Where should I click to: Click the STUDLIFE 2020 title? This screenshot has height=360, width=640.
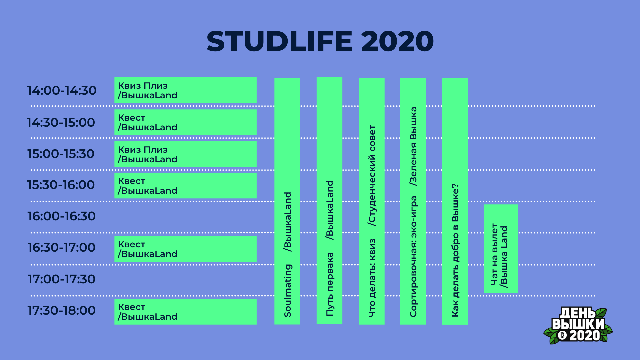point(320,41)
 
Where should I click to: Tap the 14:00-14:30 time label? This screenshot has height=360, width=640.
point(62,90)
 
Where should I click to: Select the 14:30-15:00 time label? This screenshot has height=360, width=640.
point(61,122)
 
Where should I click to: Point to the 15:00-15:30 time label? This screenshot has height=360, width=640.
point(61,154)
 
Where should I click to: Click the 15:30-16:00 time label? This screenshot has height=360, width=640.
point(61,185)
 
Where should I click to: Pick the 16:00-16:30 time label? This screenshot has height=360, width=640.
point(61,216)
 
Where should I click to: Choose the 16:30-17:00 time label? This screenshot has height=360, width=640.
point(61,247)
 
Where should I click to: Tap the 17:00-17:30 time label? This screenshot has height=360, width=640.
point(61,279)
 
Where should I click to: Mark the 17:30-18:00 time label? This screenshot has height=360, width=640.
point(61,310)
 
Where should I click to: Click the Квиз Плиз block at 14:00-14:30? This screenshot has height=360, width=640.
point(185,90)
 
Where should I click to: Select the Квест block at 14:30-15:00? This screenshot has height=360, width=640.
point(185,122)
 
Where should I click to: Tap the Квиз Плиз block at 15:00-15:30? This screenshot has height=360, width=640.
point(185,154)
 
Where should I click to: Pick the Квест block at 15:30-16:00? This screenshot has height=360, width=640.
point(185,186)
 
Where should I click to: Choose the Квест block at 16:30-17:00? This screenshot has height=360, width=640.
point(185,249)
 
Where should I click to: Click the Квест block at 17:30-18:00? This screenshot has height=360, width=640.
point(185,312)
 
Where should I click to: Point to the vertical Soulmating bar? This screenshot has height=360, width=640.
point(287,201)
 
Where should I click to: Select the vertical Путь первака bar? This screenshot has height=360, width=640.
point(329,201)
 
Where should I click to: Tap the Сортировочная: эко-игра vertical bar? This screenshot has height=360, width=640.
point(413,201)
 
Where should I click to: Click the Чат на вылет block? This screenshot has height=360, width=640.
point(501,249)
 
